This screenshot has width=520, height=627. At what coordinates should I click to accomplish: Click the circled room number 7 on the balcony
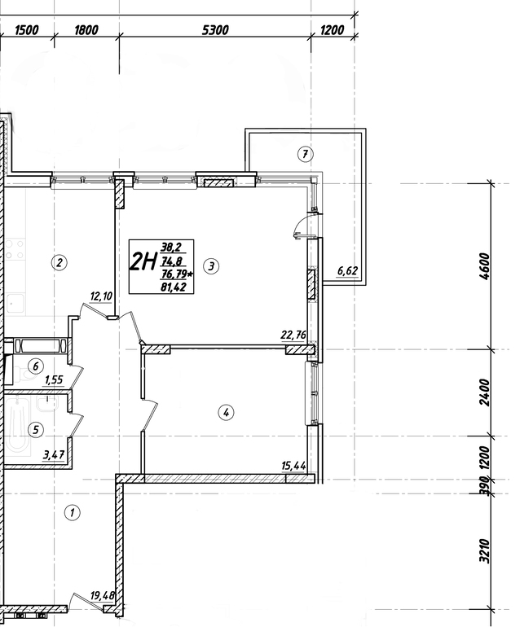[x=306, y=154]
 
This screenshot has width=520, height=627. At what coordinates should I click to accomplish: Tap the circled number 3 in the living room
[x=211, y=266]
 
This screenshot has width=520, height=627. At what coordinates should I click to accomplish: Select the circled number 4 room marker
[x=226, y=412]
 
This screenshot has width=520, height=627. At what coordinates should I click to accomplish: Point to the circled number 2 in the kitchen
[x=59, y=262]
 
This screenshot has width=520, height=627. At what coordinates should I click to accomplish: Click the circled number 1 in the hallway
[x=73, y=513]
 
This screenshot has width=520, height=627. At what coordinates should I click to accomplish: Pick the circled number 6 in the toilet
[x=36, y=366]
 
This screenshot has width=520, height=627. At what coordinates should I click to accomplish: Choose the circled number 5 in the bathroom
[x=36, y=430]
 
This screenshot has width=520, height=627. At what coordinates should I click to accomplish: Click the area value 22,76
[x=293, y=335]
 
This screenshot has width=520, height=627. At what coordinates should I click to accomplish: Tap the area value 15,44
[x=294, y=466]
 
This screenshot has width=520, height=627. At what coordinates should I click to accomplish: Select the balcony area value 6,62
[x=347, y=270]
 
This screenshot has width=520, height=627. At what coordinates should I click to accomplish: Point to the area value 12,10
[x=101, y=296]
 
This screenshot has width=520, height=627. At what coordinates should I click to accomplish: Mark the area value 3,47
[x=54, y=454]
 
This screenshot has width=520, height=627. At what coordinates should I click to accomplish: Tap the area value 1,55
[x=54, y=379]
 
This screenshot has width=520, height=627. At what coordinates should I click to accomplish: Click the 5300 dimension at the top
[x=215, y=30]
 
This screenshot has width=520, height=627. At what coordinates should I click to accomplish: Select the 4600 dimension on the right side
[x=484, y=266]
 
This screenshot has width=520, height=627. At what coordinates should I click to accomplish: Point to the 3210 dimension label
[x=484, y=551]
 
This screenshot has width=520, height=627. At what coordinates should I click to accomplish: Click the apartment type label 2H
[x=143, y=262]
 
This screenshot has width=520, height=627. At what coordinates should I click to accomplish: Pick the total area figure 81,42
[x=173, y=287]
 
